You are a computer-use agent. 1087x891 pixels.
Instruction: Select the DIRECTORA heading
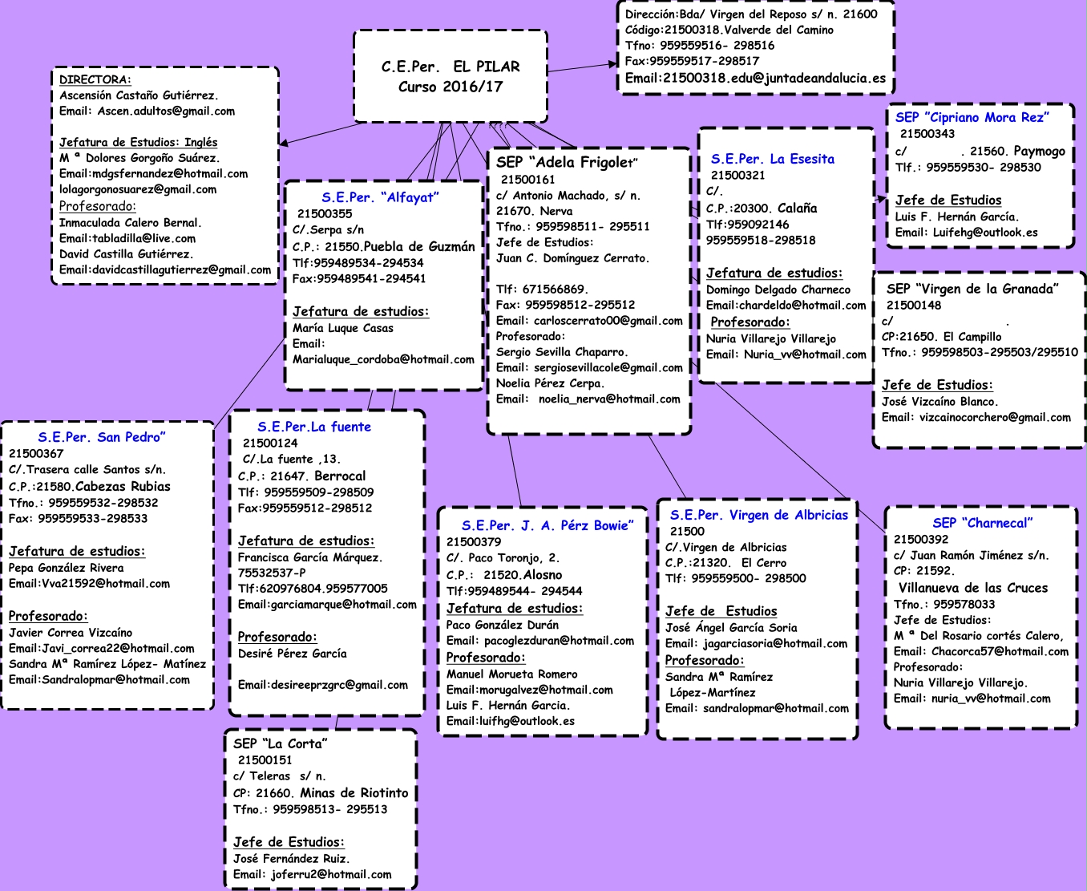pyautogui.click(x=95, y=79)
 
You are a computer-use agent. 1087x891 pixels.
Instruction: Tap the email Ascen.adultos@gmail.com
pyautogui.click(x=166, y=111)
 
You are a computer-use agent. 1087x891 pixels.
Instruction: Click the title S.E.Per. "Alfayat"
pyautogui.click(x=380, y=197)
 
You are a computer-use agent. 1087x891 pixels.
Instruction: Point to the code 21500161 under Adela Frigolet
pyautogui.click(x=527, y=180)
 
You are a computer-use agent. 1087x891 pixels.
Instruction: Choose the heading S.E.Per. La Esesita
pyautogui.click(x=772, y=159)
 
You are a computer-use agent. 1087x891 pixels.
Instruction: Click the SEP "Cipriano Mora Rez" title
pyautogui.click(x=972, y=118)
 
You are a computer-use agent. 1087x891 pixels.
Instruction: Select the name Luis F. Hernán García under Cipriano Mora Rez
pyautogui.click(x=956, y=217)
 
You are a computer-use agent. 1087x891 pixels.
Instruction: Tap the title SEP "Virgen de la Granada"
pyautogui.click(x=972, y=289)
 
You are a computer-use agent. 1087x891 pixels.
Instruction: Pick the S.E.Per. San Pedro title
pyautogui.click(x=102, y=437)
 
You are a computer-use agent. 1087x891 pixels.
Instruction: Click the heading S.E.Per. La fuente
pyautogui.click(x=314, y=427)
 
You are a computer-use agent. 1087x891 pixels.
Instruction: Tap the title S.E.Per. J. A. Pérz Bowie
pyautogui.click(x=547, y=525)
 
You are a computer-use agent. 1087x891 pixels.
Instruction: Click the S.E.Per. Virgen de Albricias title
pyautogui.click(x=758, y=516)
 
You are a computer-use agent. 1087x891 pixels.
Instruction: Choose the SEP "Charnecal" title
pyautogui.click(x=982, y=524)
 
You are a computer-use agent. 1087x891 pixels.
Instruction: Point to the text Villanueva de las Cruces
pyautogui.click(x=972, y=588)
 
